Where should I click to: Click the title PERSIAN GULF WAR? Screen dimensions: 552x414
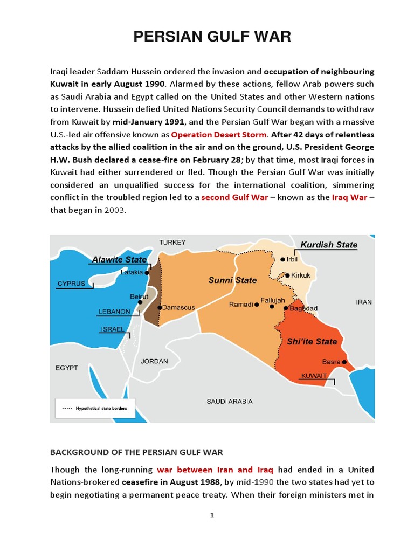[212, 37]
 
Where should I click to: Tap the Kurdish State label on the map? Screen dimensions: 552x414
[328, 245]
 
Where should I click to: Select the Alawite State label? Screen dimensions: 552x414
[119, 259]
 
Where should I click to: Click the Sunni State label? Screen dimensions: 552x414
[232, 280]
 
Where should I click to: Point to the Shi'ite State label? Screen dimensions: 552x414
[312, 341]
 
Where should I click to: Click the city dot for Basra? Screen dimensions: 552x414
[345, 362]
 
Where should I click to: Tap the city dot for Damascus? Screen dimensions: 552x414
[159, 307]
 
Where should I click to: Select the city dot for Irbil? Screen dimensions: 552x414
[283, 259]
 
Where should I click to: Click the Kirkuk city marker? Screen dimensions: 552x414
[287, 275]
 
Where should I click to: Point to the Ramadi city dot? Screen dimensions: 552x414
[257, 305]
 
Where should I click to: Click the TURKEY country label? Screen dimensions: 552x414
[172, 243]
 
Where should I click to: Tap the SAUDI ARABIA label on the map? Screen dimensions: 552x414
[230, 402]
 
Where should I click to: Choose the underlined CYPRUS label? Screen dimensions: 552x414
[71, 283]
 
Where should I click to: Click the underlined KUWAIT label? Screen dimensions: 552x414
[314, 375]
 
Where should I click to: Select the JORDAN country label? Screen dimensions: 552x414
[154, 361]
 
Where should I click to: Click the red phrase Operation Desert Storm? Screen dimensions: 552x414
[218, 134]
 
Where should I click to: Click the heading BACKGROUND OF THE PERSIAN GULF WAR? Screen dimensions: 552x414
[136, 452]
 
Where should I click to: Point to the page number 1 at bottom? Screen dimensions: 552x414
[212, 515]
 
